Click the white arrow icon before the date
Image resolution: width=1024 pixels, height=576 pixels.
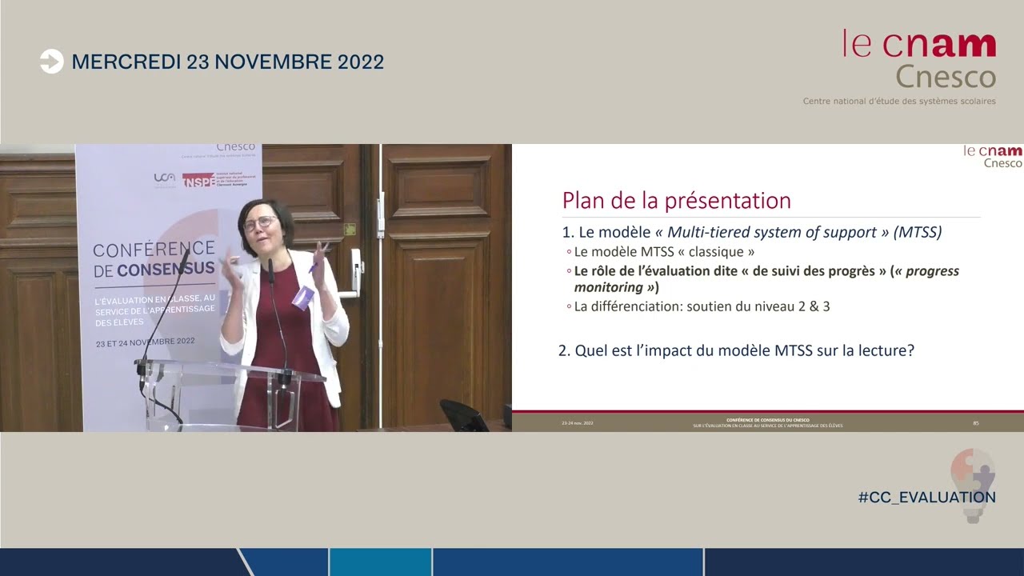(x=51, y=62)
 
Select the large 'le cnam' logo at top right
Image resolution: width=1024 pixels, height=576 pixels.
(x=919, y=45)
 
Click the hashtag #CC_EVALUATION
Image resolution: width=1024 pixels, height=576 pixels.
(x=926, y=497)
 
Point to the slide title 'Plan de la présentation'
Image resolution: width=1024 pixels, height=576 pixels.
(x=676, y=200)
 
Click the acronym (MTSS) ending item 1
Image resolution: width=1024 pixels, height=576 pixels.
(x=917, y=232)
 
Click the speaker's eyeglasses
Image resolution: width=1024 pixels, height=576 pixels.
(x=261, y=222)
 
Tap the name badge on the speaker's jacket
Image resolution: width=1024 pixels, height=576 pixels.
(x=302, y=298)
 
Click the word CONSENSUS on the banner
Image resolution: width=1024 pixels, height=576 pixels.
(x=166, y=270)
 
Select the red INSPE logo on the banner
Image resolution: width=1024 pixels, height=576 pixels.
(x=198, y=180)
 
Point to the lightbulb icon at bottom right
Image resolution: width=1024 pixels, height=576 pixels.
(x=973, y=484)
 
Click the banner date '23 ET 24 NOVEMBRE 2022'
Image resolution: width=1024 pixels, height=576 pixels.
(x=145, y=342)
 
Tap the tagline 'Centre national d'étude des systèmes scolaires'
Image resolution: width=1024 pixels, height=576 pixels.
(x=899, y=102)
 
